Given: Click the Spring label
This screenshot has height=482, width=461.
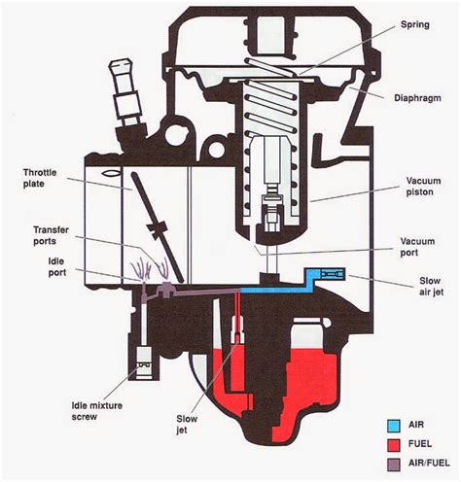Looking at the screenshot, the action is (x=415, y=25).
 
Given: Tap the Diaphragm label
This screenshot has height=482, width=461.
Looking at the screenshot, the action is (x=417, y=98).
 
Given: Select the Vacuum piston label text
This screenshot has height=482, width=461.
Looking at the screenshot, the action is (x=423, y=187).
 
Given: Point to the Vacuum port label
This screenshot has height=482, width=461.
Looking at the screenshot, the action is (x=417, y=247).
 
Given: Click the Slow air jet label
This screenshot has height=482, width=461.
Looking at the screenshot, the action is (x=431, y=286).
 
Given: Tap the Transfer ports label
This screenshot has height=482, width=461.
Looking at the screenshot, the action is (x=51, y=235).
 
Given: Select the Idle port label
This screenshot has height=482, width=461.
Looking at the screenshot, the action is (x=57, y=267).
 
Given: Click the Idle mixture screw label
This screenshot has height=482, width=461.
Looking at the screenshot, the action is (x=96, y=411).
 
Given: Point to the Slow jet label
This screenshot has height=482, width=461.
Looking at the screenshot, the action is (x=187, y=425).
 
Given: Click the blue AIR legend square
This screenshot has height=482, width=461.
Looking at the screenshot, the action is (x=393, y=426).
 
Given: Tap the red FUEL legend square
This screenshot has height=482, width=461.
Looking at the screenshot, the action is (x=393, y=445).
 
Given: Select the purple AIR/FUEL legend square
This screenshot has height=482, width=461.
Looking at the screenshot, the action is (x=393, y=465).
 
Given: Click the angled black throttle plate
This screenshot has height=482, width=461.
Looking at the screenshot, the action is (x=158, y=227).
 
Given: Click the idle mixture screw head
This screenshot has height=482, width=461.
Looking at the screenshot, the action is (x=144, y=362).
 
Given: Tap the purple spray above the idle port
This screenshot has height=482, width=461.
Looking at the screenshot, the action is (x=141, y=270).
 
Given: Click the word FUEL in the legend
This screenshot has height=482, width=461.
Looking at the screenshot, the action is (x=420, y=444).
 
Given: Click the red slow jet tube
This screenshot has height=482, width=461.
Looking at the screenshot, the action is (x=238, y=316).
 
